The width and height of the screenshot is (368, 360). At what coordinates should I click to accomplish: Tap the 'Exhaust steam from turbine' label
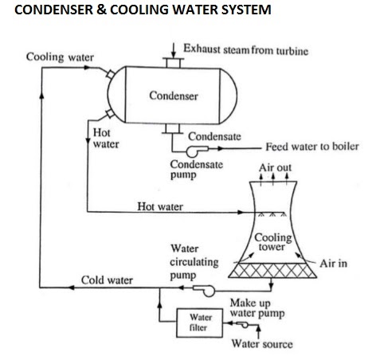pyautogui.click(x=245, y=49)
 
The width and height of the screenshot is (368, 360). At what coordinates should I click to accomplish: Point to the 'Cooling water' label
pyautogui.click(x=60, y=58)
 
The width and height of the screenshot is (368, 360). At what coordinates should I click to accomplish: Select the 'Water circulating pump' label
pyautogui.click(x=189, y=261)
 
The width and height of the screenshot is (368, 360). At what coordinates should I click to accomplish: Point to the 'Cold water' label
pyautogui.click(x=107, y=280)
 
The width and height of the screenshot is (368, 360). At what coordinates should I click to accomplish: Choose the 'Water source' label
pyautogui.click(x=261, y=344)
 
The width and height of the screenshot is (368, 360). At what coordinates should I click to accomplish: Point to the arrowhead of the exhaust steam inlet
pyautogui.click(x=171, y=51)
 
